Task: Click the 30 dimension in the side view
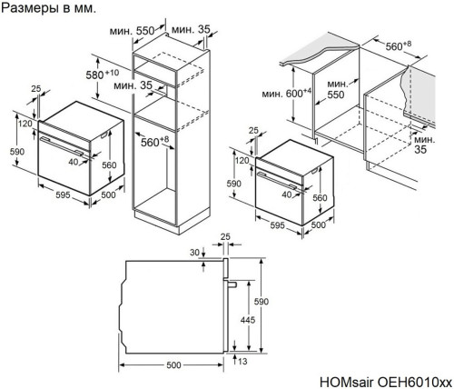click(193, 252)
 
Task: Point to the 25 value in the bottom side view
click(226, 238)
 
